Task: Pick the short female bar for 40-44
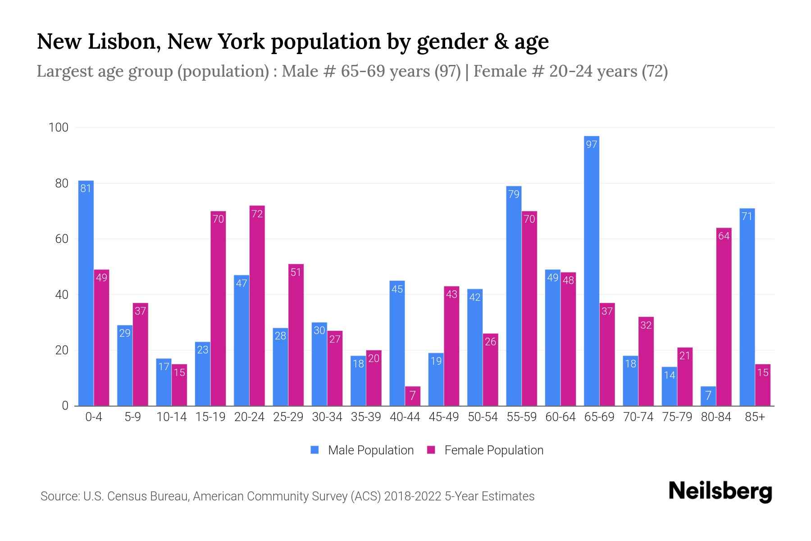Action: [412, 396]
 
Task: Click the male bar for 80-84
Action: [708, 396]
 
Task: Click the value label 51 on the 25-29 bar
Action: [296, 272]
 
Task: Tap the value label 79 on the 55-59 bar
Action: [514, 194]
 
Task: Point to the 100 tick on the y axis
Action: [59, 128]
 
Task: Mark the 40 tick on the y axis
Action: [62, 295]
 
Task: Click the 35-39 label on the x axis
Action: [366, 417]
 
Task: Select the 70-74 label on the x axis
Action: [638, 417]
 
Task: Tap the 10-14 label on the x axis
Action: [171, 417]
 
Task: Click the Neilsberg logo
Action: [720, 491]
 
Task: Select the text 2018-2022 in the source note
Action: [412, 496]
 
